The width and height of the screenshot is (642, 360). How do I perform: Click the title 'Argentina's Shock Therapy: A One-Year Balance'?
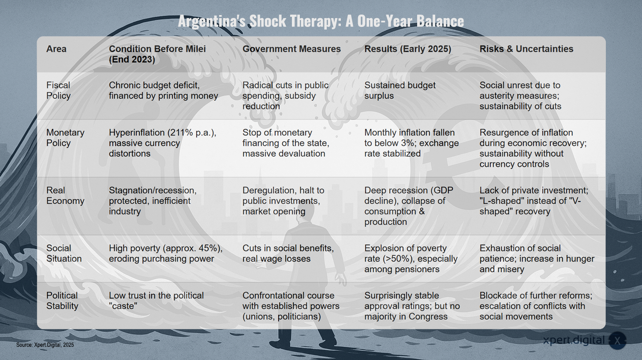pyautogui.click(x=321, y=21)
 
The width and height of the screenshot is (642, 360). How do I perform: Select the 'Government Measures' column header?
pyautogui.click(x=291, y=49)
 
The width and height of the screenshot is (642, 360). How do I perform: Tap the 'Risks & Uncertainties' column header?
pyautogui.click(x=526, y=49)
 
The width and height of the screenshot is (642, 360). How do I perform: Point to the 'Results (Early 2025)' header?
pyautogui.click(x=407, y=49)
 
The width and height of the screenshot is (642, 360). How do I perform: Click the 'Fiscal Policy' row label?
pyautogui.click(x=58, y=90)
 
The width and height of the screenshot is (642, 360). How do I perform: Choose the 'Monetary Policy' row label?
pyautogui.click(x=65, y=138)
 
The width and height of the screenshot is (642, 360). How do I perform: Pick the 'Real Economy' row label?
pyautogui.click(x=65, y=195)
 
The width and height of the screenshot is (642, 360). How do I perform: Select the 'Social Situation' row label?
pyautogui.click(x=64, y=253)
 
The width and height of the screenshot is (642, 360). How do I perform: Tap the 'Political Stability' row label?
pyautogui.click(x=62, y=300)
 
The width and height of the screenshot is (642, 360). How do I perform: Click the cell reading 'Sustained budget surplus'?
pyautogui.click(x=400, y=90)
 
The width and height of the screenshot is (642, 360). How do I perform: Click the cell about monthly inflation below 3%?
pyautogui.click(x=411, y=143)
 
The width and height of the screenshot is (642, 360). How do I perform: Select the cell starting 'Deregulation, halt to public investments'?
pyautogui.click(x=283, y=201)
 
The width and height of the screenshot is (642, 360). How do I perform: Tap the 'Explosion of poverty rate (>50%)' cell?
pyautogui.click(x=411, y=259)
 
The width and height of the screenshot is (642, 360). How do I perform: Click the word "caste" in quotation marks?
pyautogui.click(x=123, y=306)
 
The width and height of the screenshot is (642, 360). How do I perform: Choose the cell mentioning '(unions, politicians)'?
pyautogui.click(x=291, y=306)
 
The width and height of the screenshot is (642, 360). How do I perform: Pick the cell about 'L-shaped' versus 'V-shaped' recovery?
pyautogui.click(x=534, y=201)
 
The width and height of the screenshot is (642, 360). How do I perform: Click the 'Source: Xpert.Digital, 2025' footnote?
pyautogui.click(x=45, y=345)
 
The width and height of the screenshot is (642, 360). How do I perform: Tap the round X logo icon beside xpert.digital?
pyautogui.click(x=617, y=341)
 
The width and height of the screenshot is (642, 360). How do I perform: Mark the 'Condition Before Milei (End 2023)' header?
pyautogui.click(x=157, y=54)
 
